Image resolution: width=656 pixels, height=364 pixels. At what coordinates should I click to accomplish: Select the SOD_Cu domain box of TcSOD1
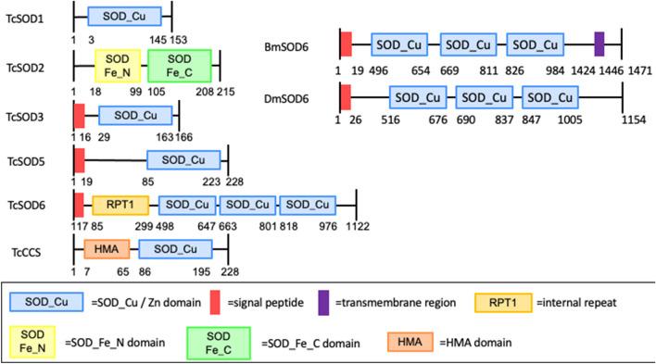[125, 17]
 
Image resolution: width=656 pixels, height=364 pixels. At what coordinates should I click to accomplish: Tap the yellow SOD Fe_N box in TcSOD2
[117, 65]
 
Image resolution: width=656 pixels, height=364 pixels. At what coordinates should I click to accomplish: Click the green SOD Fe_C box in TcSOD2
[180, 65]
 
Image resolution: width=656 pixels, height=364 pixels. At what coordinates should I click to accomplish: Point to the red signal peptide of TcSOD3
[79, 115]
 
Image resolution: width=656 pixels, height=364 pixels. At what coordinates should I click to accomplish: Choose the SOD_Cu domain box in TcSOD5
[183, 159]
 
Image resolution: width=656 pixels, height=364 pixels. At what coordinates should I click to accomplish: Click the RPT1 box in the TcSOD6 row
[121, 205]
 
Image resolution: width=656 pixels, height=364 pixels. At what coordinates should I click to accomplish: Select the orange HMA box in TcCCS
[107, 249]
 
